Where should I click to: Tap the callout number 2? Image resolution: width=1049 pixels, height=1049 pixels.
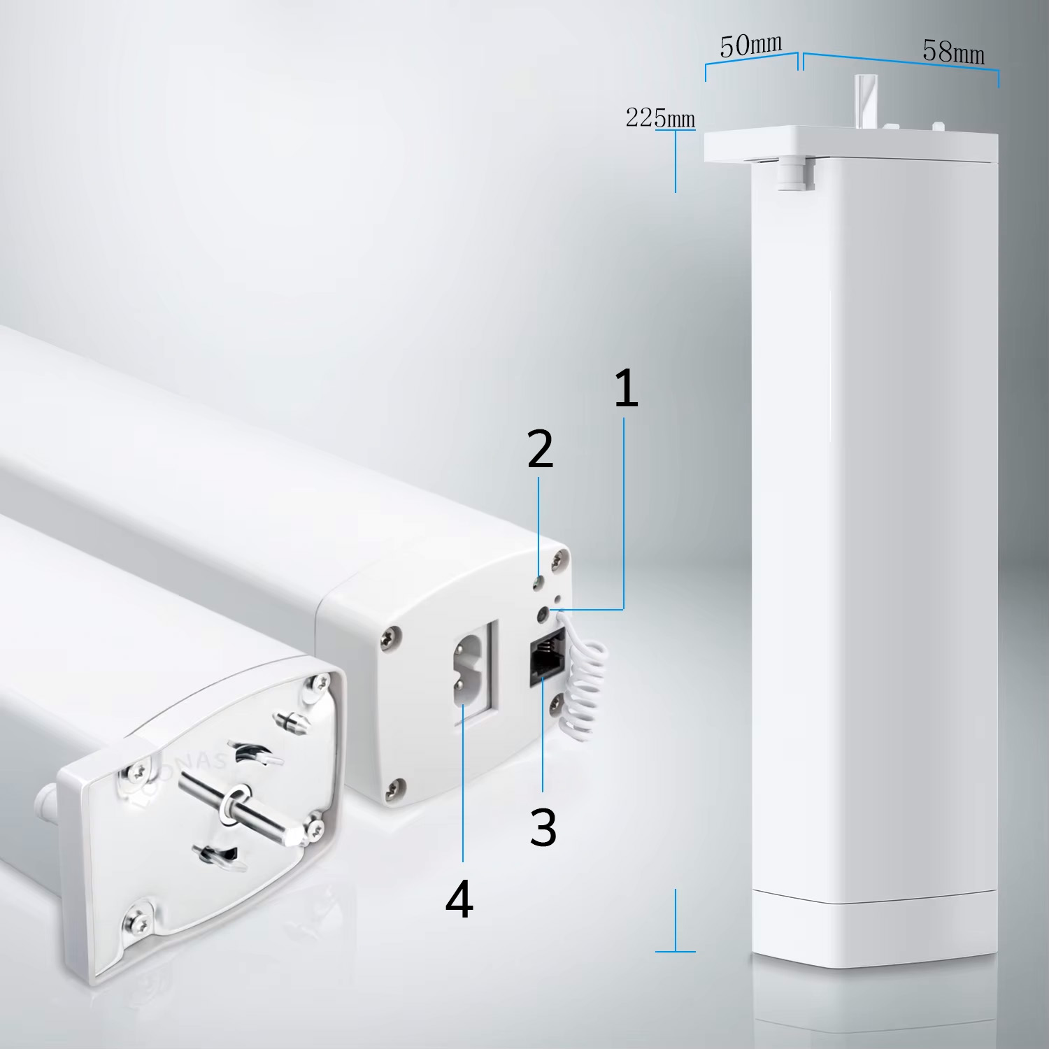pos(540,449)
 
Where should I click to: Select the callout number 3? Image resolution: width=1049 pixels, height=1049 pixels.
pos(543,827)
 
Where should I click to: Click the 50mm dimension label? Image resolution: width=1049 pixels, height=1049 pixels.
pos(751,46)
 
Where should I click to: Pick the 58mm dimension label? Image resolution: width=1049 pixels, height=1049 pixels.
pos(953,52)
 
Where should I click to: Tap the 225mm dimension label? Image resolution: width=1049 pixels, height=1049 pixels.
pos(660,117)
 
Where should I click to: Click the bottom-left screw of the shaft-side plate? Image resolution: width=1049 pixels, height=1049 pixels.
pos(138,914)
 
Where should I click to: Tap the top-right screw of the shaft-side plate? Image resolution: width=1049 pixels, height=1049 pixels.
pos(322,684)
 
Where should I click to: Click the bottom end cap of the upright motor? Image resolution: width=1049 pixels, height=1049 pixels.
pos(874,931)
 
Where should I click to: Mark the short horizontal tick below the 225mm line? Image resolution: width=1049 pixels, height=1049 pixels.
pos(676,951)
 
